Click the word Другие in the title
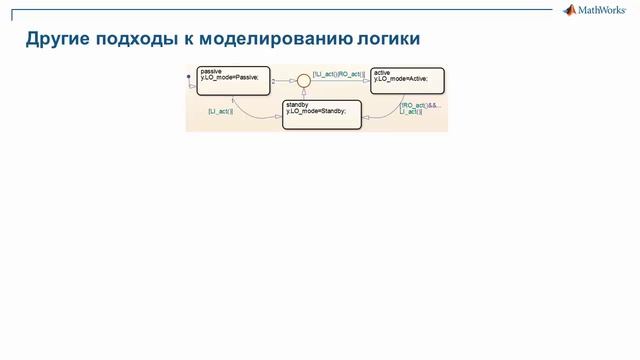point(56,39)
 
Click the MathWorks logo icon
point(570,11)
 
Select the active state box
point(404,81)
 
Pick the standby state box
point(321,114)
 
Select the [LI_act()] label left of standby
point(220,111)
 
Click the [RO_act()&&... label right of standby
point(419,104)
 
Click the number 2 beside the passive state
point(274,81)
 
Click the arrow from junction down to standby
point(304,93)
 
